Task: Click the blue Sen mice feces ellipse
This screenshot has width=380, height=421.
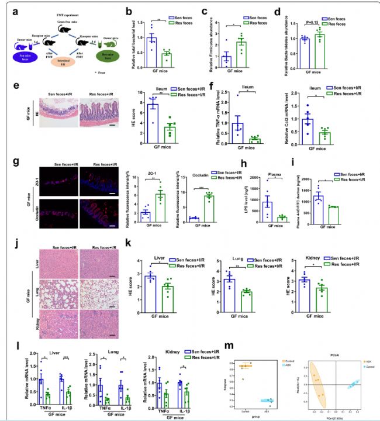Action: point(23,56)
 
